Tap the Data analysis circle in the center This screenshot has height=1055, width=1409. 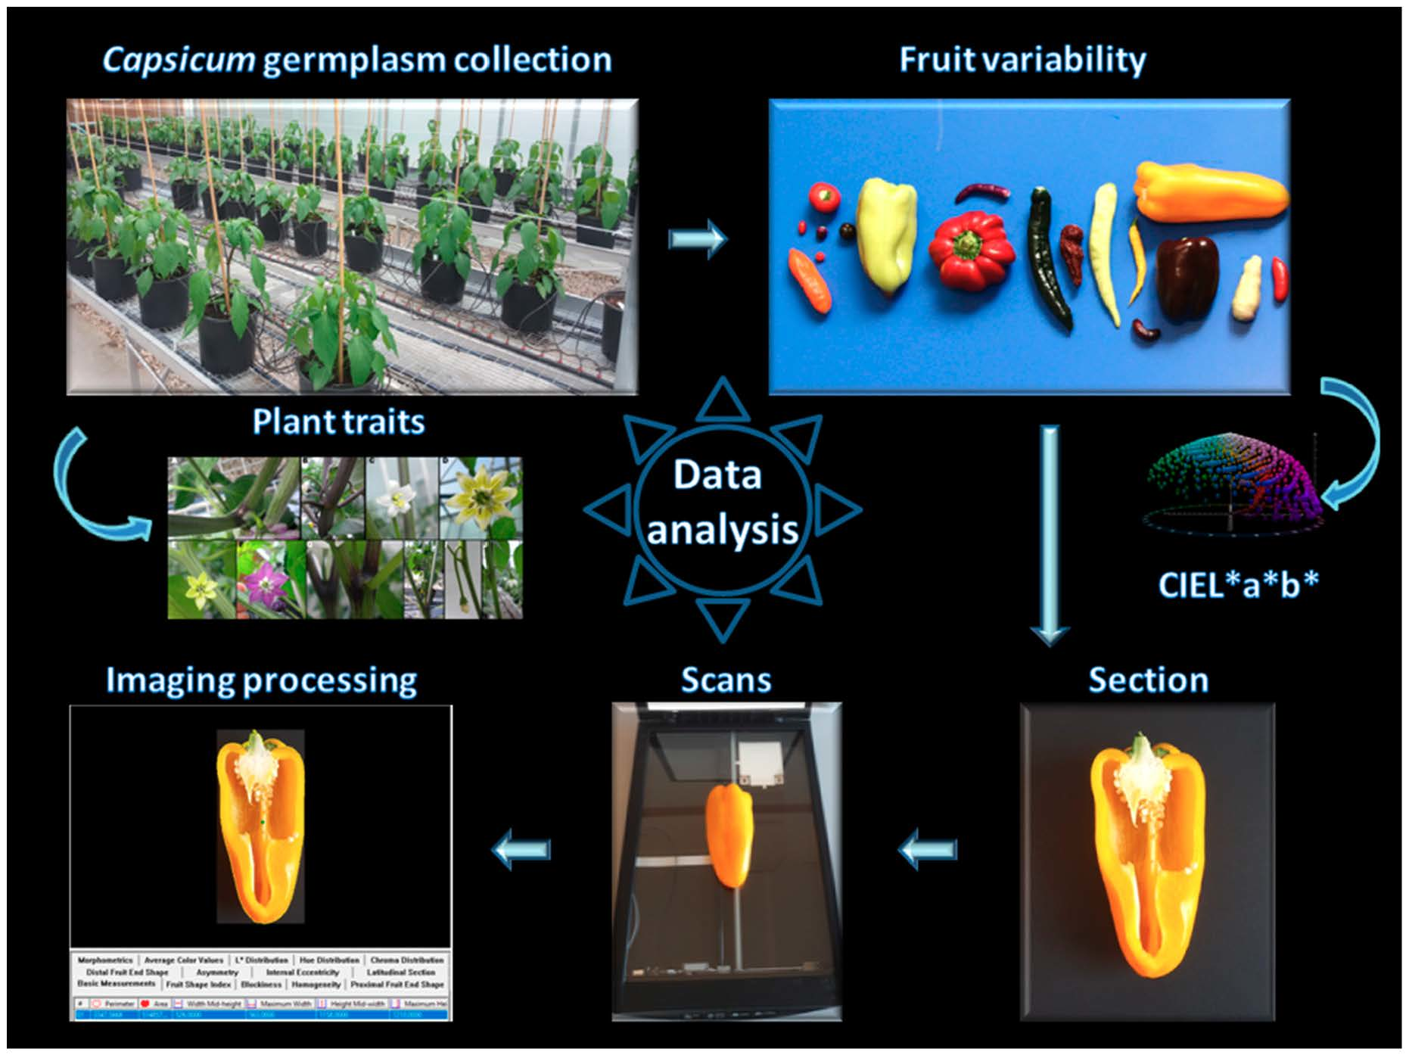click(721, 503)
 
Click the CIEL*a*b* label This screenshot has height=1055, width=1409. click(1238, 584)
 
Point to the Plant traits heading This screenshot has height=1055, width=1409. click(338, 422)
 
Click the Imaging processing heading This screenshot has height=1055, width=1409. click(261, 680)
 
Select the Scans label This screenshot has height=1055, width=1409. click(726, 680)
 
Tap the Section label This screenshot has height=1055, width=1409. click(1148, 680)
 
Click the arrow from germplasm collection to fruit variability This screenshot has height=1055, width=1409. click(697, 239)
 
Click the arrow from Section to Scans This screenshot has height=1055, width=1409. click(928, 849)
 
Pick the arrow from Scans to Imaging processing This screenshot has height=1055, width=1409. click(521, 849)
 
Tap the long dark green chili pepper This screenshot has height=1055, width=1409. click(1049, 257)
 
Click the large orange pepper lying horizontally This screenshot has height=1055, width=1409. click(1209, 191)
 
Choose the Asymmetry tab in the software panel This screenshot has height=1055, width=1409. click(217, 972)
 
